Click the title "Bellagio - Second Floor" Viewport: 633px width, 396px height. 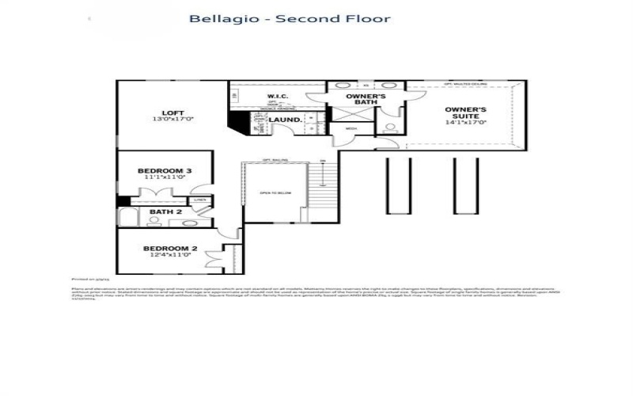[289, 18]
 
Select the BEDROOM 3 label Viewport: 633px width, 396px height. [164, 171]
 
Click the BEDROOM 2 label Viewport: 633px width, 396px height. [167, 249]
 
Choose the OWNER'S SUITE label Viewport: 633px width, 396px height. [465, 113]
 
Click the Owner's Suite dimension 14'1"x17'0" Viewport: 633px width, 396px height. [465, 123]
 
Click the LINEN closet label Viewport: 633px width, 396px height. [199, 200]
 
